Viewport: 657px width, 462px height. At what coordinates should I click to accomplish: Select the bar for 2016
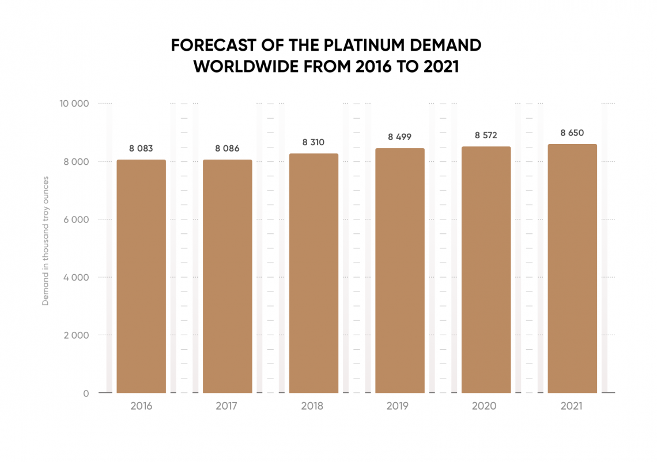pos(141,277)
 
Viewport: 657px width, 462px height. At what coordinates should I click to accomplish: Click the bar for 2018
pos(314,273)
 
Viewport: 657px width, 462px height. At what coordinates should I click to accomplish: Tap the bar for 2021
pos(572,268)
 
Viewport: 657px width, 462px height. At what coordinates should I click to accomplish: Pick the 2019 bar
pos(400,271)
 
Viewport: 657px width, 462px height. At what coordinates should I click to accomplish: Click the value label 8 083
pos(141,148)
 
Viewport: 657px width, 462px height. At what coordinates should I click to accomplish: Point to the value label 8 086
pos(227,148)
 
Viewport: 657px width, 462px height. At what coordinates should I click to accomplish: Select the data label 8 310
pos(314,142)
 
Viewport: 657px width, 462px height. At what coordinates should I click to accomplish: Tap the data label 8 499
pos(400,137)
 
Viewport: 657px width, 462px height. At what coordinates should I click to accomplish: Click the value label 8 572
pos(486,135)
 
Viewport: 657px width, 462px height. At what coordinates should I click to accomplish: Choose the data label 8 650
pos(572,132)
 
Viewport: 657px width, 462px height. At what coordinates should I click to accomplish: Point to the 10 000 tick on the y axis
pos(74,104)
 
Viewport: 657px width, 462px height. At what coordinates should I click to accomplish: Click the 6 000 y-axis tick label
pos(76,219)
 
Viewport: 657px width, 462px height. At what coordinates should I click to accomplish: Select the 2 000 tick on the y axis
pos(76,335)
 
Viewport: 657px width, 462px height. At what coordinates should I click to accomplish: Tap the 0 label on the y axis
pos(86,393)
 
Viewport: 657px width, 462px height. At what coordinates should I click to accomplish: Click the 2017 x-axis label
pos(226,406)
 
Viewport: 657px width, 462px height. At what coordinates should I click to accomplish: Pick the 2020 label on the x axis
pos(484,406)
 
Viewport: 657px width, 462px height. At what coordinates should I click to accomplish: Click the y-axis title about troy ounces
pos(46,241)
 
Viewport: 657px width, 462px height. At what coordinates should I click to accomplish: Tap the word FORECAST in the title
pos(214,46)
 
